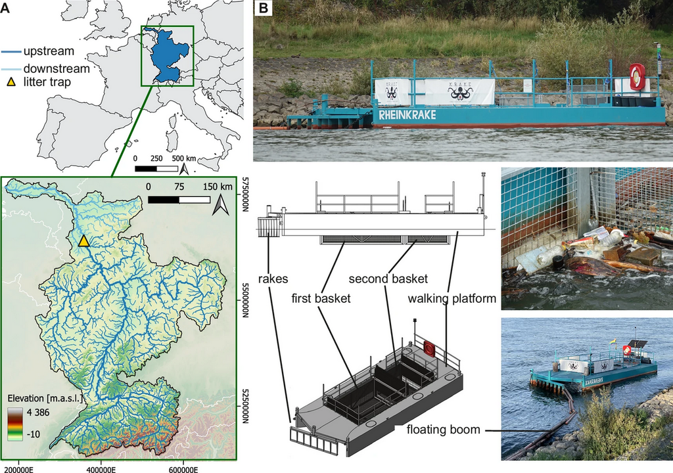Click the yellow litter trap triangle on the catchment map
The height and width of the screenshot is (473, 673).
pyautogui.click(x=83, y=241)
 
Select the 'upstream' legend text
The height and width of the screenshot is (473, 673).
pyautogui.click(x=49, y=51)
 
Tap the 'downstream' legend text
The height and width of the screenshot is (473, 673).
pyautogui.click(x=56, y=68)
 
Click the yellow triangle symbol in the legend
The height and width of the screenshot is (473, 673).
pyautogui.click(x=10, y=82)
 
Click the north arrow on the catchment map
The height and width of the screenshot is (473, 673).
pyautogui.click(x=221, y=206)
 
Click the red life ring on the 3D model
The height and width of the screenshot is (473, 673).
pyautogui.click(x=429, y=348)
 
